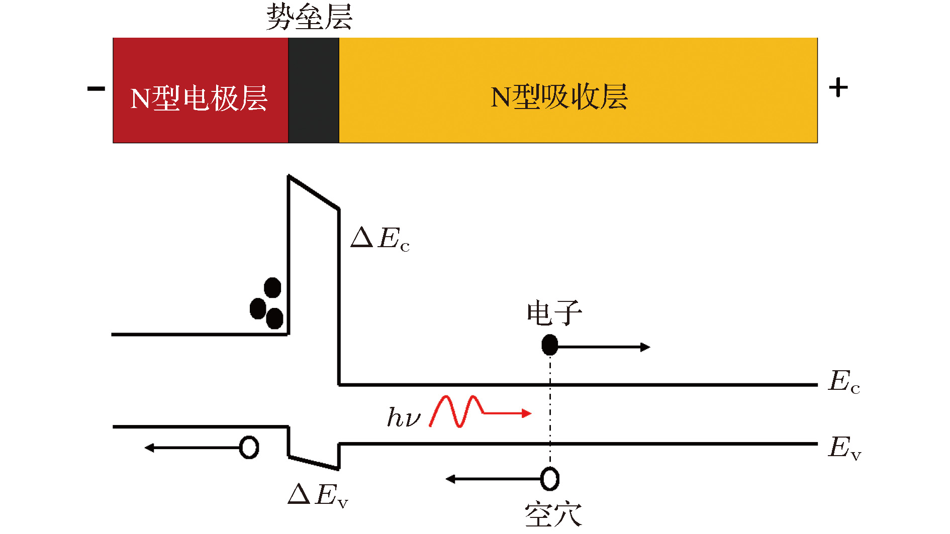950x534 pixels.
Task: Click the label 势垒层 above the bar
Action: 309,17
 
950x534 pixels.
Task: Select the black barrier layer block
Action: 314,90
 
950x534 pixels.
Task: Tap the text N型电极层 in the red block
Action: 199,98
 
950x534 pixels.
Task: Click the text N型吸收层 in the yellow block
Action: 559,97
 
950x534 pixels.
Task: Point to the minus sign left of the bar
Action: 96,89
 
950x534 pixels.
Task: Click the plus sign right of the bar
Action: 838,88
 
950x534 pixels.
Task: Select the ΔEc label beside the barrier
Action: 380,238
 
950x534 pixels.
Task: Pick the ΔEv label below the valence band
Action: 318,495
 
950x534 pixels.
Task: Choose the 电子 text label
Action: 554,313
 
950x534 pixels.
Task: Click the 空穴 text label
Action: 553,515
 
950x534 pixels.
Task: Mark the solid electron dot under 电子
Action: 550,345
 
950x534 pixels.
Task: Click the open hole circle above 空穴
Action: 550,479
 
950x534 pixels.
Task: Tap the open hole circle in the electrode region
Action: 249,447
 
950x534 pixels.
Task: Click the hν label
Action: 403,417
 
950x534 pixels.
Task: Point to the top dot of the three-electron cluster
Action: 272,288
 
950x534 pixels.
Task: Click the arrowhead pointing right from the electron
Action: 645,347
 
